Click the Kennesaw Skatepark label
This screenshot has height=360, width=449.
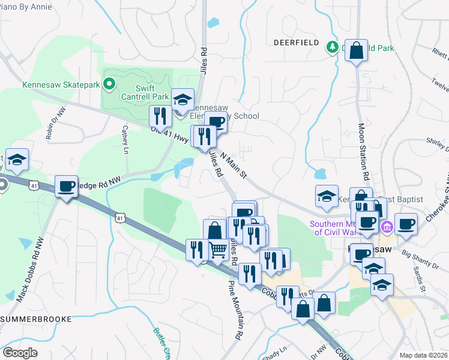[x=61, y=85]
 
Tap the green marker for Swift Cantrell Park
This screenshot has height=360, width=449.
[x=109, y=85]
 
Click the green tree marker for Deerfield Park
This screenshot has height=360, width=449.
[x=331, y=47]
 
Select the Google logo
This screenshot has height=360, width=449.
[x=20, y=353]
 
